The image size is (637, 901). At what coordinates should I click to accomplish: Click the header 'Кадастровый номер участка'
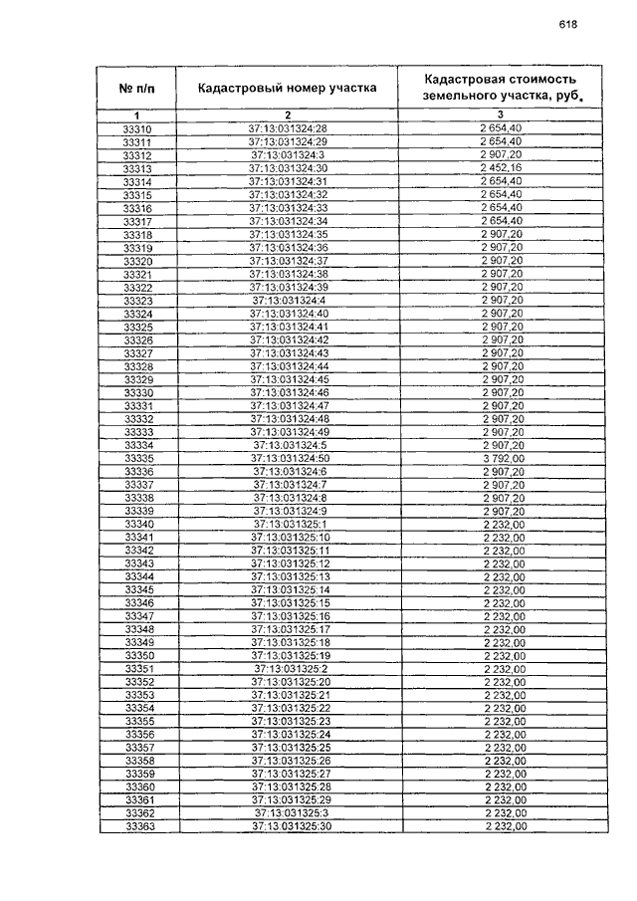coord(288,88)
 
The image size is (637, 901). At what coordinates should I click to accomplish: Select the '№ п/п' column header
coord(137,88)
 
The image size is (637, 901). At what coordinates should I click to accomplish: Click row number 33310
coord(137,130)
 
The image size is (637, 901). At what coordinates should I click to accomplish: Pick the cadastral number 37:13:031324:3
coord(288,156)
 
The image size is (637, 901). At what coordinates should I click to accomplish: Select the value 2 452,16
coord(503,169)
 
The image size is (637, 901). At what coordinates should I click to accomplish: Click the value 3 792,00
coord(503,458)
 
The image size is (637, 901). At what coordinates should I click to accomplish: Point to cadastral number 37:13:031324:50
coord(288,458)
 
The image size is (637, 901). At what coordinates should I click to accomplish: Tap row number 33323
coord(137,301)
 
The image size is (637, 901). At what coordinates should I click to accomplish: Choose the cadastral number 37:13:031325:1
coord(290,524)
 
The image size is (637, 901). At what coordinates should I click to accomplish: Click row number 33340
coord(137,524)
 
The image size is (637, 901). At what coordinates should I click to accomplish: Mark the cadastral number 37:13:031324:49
coord(288,432)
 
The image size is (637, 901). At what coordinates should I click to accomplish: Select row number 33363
coord(137,826)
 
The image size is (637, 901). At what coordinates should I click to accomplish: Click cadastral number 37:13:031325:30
coord(290,826)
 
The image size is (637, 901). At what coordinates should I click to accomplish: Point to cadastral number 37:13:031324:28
coord(288,130)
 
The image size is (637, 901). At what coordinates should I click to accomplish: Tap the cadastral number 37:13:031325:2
coord(290,668)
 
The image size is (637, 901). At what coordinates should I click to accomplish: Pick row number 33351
coord(137,668)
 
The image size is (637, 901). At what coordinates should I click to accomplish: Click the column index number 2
coord(287,116)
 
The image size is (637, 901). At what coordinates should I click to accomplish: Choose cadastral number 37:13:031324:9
coord(290,511)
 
